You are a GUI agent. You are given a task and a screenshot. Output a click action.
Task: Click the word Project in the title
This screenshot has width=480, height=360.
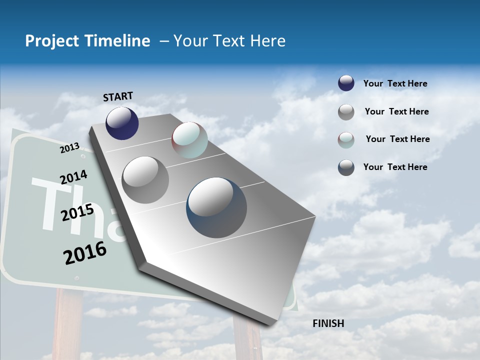click(51, 41)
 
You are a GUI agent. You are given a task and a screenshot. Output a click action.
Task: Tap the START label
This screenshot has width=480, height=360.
click(118, 96)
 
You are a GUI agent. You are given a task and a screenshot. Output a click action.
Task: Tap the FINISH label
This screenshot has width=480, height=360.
click(328, 323)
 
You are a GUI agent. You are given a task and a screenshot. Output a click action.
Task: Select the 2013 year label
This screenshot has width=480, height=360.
click(69, 148)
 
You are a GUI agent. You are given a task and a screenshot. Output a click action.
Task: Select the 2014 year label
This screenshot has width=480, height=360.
click(73, 177)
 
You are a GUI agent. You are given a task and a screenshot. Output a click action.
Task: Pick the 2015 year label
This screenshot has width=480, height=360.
click(77, 213)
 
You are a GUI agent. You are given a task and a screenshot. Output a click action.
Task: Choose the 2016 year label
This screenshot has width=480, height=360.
click(85, 253)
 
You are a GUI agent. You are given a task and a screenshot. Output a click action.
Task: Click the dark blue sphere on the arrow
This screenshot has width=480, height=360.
click(122, 123)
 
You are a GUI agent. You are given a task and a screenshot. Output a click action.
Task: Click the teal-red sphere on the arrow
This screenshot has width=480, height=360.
click(189, 140)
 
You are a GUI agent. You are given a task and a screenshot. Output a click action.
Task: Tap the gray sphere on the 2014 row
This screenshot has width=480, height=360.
click(145, 179)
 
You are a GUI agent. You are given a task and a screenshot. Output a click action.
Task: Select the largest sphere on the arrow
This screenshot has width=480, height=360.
click(216, 207)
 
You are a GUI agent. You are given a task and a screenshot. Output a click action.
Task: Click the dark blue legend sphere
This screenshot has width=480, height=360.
click(346, 83)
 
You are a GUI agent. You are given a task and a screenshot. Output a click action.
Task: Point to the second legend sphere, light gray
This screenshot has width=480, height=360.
click(346, 112)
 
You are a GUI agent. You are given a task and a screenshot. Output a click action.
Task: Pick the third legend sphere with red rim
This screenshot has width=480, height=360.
click(346, 140)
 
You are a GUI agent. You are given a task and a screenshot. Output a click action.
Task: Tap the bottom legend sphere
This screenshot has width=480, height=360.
click(346, 167)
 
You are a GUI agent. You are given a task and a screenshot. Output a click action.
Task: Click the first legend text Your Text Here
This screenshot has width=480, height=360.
click(395, 83)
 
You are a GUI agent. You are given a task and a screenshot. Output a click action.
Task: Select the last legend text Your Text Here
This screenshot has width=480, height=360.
click(395, 167)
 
